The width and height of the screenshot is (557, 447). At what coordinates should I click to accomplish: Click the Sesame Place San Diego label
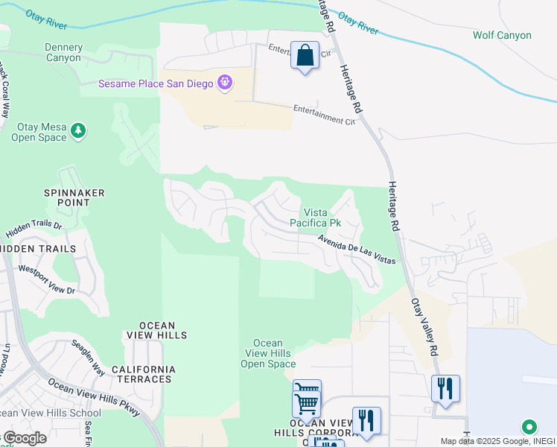point(156,83)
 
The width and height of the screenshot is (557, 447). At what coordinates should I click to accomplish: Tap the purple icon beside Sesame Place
point(224,83)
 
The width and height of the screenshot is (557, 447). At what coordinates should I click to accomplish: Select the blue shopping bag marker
point(305,55)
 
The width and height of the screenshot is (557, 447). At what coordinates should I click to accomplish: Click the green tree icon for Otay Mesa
point(78,132)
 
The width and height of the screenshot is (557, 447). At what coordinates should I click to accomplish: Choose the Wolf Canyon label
point(502,35)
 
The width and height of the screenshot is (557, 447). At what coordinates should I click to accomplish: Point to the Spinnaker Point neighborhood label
point(73,198)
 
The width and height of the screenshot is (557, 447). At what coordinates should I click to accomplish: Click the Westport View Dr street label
point(47,279)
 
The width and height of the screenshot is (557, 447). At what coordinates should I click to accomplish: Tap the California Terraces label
point(144,374)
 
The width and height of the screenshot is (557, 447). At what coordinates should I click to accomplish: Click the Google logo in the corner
point(24,438)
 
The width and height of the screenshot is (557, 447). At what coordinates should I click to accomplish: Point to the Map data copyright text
point(497,441)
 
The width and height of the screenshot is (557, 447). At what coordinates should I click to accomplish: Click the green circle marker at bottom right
point(529,427)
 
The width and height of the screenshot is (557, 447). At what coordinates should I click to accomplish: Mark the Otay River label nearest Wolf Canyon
point(358,22)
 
